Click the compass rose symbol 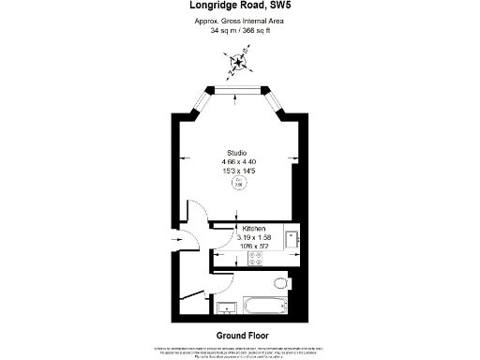pos(241,64)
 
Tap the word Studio pos(238,153)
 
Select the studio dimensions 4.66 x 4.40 pos(238,162)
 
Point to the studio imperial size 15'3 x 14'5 pos(238,172)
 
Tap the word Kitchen pos(254,229)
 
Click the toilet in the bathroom pos(280,282)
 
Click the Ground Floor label pos(239,335)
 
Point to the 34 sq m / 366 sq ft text pos(239,31)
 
